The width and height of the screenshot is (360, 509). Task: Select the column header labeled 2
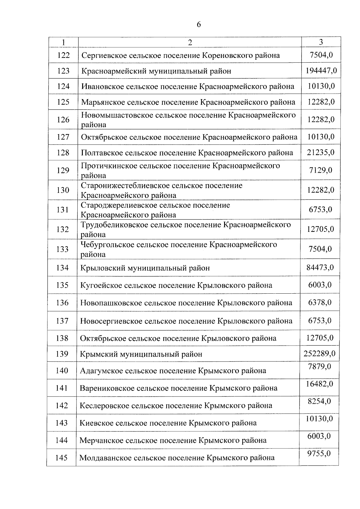(190, 42)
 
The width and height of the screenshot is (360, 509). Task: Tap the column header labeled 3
(321, 42)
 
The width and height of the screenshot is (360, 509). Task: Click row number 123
(63, 71)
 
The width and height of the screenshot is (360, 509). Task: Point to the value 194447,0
(321, 71)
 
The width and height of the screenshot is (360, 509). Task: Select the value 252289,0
(319, 354)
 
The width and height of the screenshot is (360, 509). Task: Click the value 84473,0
(320, 267)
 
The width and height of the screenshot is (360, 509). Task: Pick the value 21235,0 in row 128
(320, 152)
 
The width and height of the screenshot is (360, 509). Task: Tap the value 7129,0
(320, 170)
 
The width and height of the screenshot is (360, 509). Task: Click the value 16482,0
(319, 384)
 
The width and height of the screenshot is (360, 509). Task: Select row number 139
(62, 354)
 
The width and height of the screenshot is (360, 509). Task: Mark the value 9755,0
(319, 454)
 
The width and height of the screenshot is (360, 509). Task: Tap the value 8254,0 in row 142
(319, 401)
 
